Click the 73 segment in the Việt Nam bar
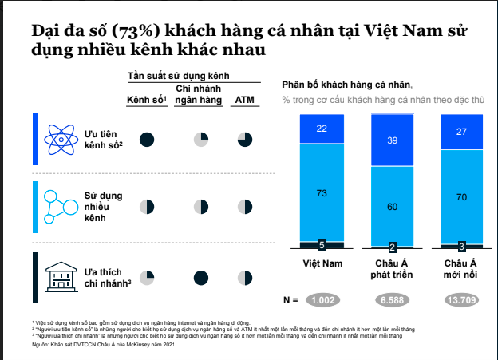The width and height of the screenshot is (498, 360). (x=322, y=192)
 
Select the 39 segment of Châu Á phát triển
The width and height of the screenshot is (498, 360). (x=393, y=140)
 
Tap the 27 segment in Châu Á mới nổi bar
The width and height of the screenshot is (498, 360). (x=461, y=132)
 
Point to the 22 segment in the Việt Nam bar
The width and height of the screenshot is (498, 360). (x=322, y=129)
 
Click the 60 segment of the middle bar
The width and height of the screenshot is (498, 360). (x=393, y=206)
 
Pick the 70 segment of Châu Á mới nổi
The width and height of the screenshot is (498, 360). (x=461, y=196)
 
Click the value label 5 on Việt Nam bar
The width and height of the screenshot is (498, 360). (x=322, y=245)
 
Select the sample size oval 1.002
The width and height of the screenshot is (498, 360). (x=322, y=300)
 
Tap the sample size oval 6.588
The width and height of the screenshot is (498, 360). (x=393, y=300)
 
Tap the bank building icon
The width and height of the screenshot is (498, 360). (x=61, y=275)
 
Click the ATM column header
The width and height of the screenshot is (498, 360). (x=244, y=100)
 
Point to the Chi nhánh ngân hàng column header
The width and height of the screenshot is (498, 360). (x=200, y=94)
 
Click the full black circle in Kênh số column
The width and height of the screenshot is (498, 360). (x=147, y=140)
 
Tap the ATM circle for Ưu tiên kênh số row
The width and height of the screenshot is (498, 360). (x=244, y=140)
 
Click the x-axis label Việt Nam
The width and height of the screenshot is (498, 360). (x=322, y=263)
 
